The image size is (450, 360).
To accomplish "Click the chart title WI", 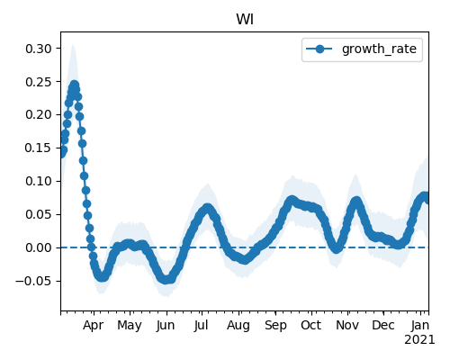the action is point(245,20).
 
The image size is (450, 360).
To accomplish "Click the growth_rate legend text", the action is point(379,49).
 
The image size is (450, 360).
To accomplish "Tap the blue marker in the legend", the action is point(319,49).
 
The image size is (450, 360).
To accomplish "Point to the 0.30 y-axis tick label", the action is point(39,49).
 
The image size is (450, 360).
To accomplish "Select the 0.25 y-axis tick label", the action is point(39,82).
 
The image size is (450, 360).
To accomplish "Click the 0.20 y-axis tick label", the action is point(39,114).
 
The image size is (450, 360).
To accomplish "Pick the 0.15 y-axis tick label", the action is point(39,148).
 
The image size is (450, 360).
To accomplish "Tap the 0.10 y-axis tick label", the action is point(39,181).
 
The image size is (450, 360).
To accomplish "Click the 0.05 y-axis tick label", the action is point(39,214).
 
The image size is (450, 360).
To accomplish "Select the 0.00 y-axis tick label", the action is point(39,247).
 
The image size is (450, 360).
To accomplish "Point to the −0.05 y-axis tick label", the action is point(33,281).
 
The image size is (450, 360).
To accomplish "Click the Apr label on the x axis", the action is point(94,326).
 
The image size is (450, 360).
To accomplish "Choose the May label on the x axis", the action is point(130,326).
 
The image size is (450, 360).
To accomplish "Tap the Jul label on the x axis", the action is point(202,326).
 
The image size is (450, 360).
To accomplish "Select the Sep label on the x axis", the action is point(275,326).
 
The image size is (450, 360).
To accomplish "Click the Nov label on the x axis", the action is point(347,325).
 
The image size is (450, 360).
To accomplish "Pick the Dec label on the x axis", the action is point(383,325).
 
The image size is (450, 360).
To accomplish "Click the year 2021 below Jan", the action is point(419,340).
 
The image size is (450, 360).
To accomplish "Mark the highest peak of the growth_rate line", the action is point(75,85).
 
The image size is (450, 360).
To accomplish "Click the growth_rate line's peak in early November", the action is point(356,201).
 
